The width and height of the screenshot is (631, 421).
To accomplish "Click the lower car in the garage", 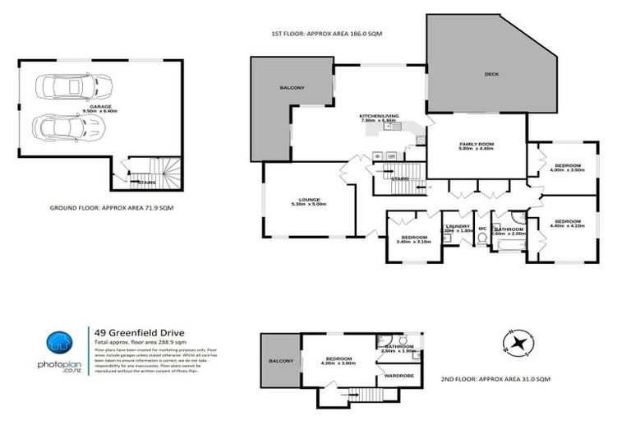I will (x=71, y=127).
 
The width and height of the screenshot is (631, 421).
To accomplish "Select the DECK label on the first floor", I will (x=491, y=75).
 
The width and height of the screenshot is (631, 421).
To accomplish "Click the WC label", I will (x=482, y=228).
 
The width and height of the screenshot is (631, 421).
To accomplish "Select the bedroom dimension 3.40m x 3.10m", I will (x=412, y=242).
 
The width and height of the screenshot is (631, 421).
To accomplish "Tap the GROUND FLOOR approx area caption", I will (x=109, y=208).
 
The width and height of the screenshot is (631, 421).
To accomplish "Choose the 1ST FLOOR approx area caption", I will (x=327, y=34).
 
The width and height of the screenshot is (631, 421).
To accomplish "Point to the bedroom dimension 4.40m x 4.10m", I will (x=569, y=225).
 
